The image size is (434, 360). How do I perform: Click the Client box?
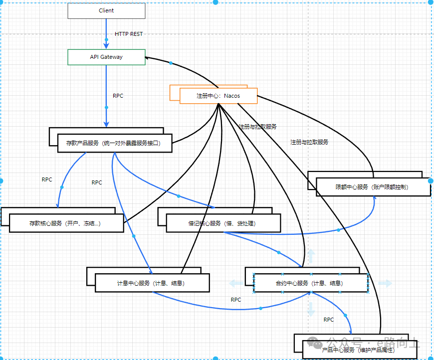106,10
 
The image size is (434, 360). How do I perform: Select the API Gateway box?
106,57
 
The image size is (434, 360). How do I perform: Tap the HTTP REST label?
129,34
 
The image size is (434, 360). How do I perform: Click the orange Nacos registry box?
218,95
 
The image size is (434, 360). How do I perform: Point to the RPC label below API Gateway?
118,96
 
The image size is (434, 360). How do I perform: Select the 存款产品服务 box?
115,143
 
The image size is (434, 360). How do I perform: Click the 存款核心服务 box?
66,223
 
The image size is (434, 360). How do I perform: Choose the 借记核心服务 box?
223,223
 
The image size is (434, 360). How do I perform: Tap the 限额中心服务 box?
373,187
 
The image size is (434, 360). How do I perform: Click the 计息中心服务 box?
152,283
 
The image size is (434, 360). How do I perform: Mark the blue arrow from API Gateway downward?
106,95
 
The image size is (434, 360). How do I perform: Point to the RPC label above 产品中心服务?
329,320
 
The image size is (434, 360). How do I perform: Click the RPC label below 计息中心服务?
236,300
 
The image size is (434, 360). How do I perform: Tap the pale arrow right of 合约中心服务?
385,283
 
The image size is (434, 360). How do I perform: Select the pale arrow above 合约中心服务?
311,256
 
